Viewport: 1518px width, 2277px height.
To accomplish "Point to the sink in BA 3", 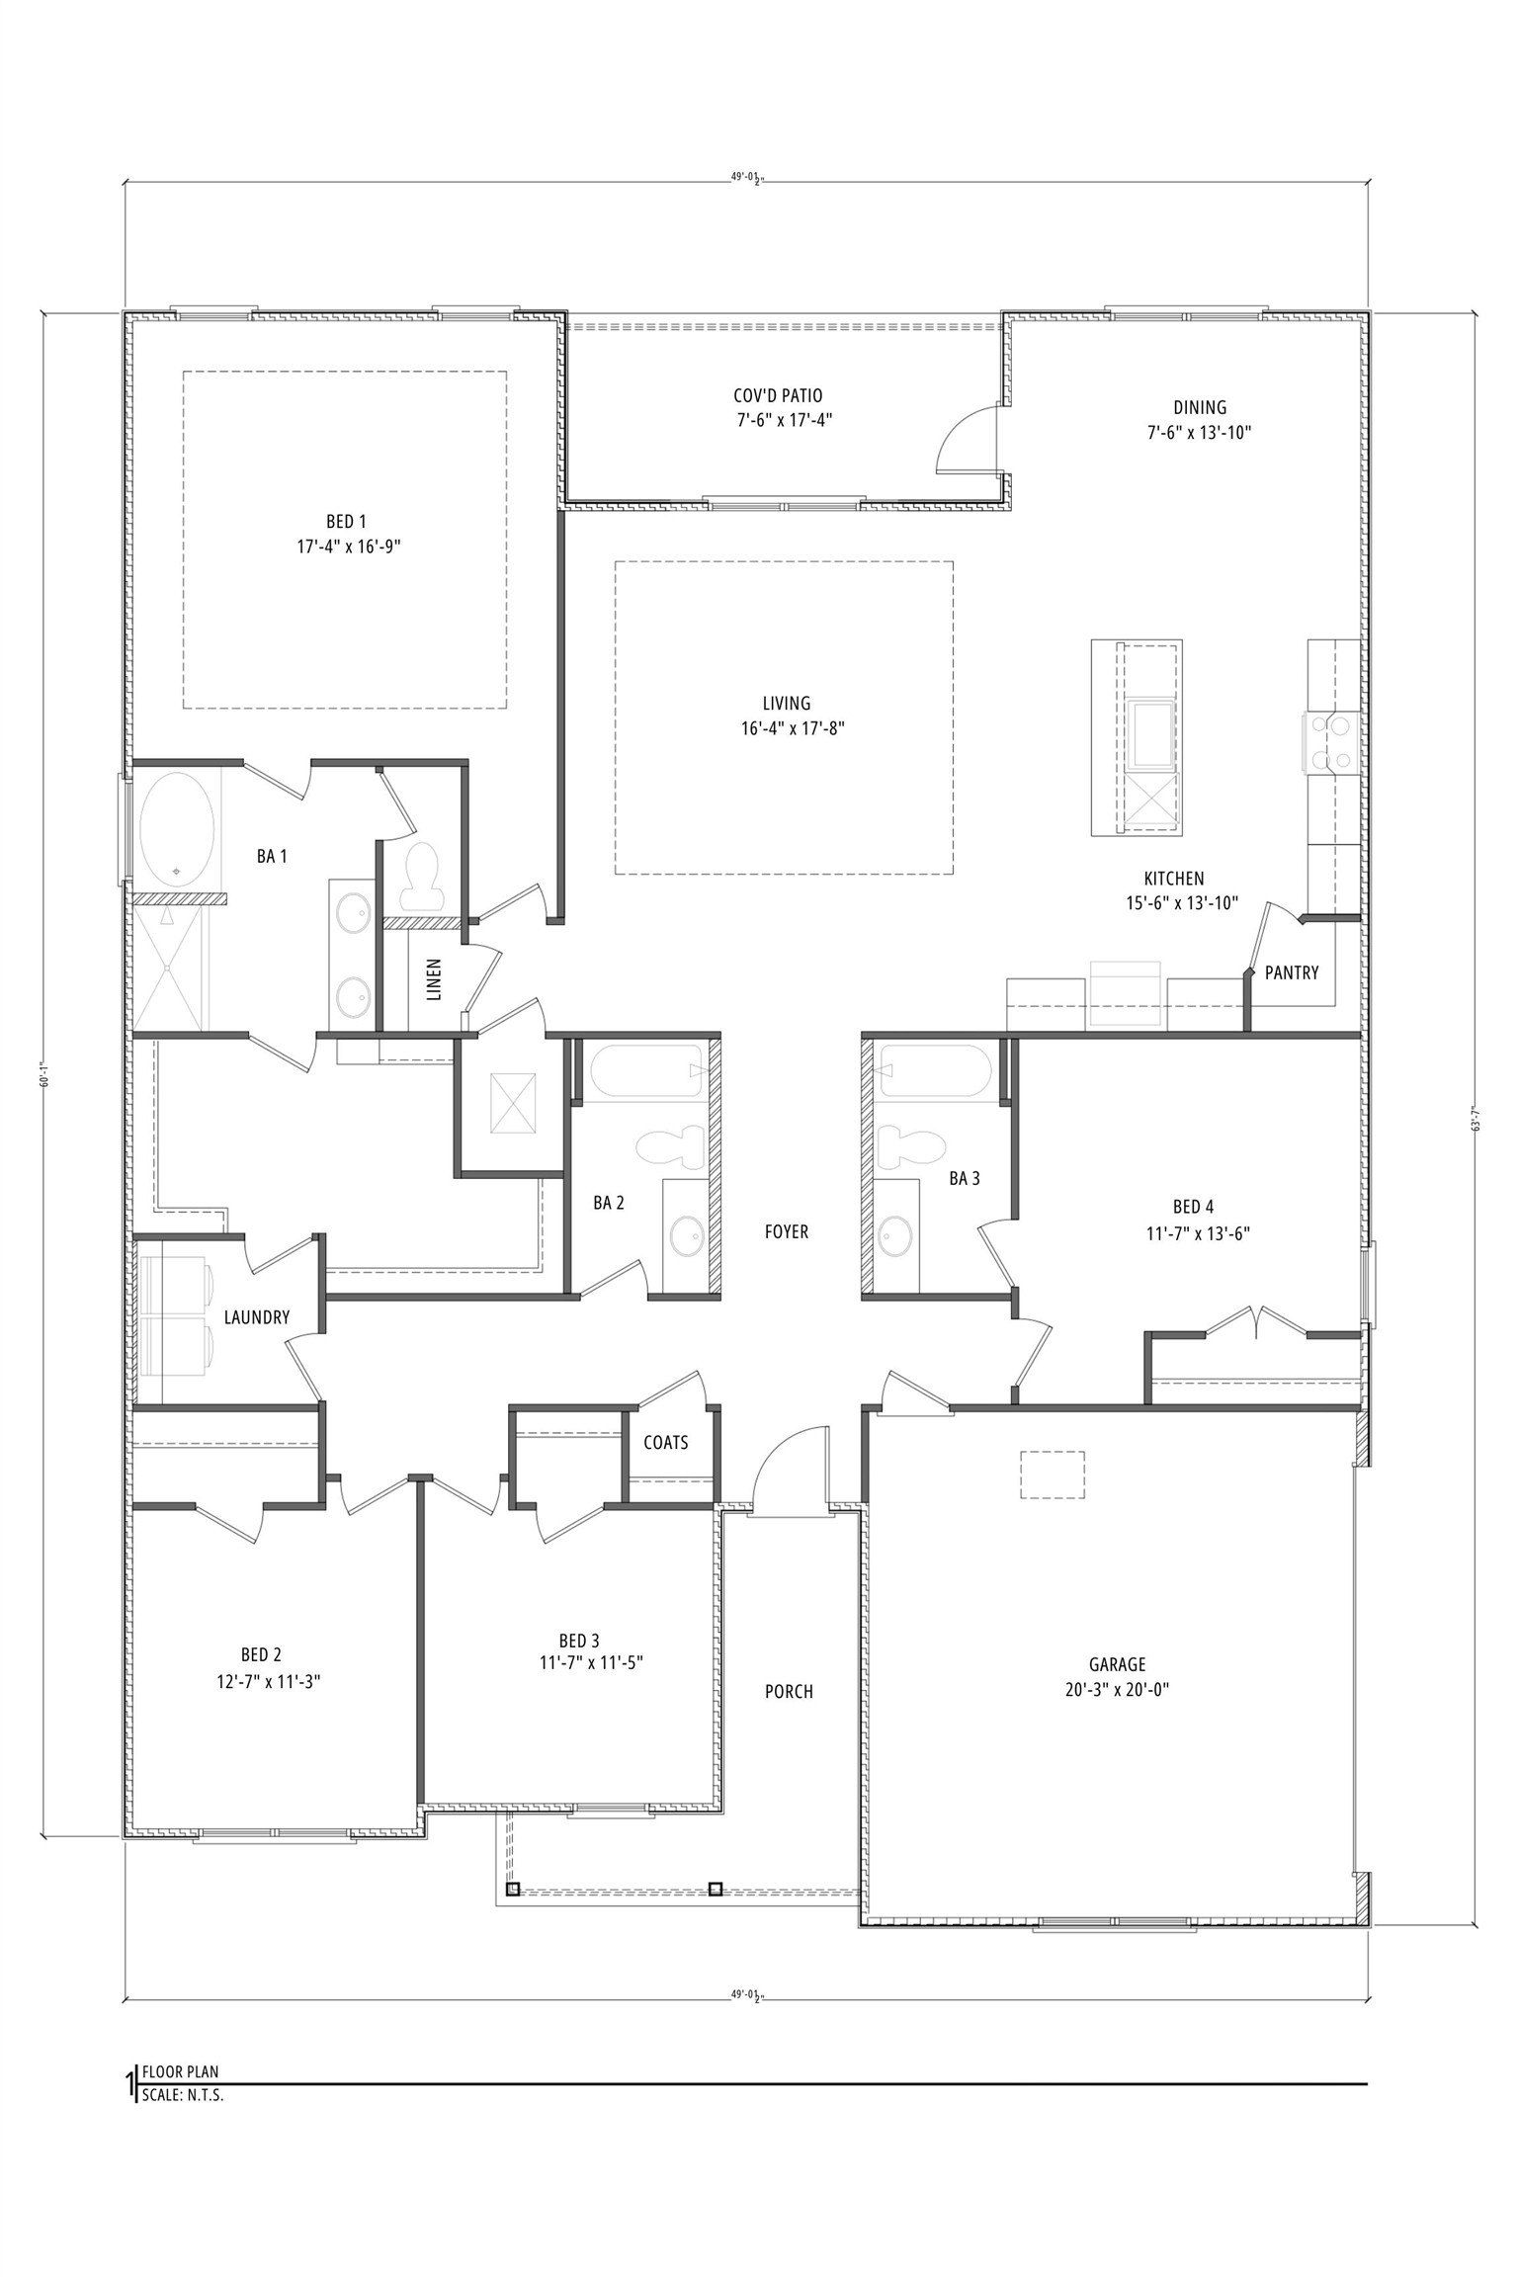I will [896, 1235].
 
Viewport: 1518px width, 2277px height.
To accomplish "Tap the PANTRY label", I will [1292, 972].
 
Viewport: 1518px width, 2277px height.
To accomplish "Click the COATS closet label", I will [665, 1442].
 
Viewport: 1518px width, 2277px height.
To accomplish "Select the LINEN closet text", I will [434, 979].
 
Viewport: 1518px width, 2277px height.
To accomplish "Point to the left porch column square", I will [512, 1890].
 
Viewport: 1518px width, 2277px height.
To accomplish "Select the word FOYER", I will [786, 1231].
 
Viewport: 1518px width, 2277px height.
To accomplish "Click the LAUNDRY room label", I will [257, 1317].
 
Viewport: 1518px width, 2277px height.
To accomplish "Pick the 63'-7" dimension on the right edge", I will [1476, 1124].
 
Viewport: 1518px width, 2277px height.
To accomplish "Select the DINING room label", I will [1200, 406].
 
